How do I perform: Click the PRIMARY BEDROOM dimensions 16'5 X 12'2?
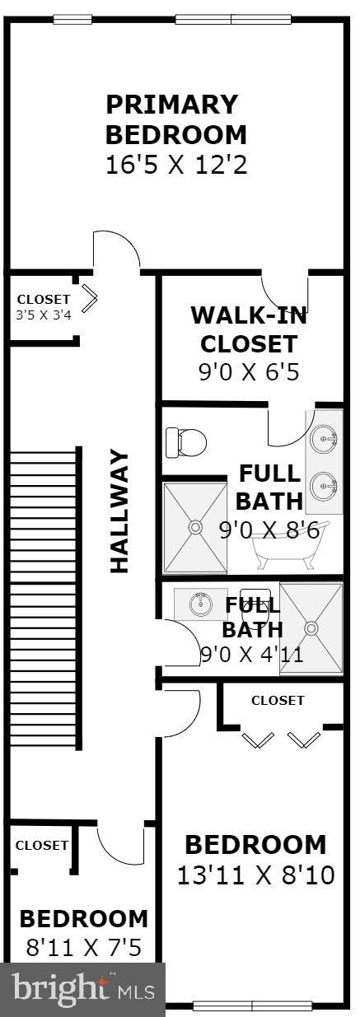click(176, 165)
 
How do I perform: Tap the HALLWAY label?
click(119, 511)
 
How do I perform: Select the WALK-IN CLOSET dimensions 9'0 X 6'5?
click(249, 372)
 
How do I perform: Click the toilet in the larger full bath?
click(186, 442)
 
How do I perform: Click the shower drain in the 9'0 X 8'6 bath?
click(196, 527)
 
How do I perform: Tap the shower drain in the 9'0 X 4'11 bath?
click(311, 628)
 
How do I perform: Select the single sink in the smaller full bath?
click(200, 604)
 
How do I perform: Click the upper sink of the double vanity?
click(324, 440)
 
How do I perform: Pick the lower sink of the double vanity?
click(324, 486)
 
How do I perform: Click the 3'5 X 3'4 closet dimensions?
click(44, 315)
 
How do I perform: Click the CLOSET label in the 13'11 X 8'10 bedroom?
click(278, 700)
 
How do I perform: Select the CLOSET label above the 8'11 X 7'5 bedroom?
click(42, 845)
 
